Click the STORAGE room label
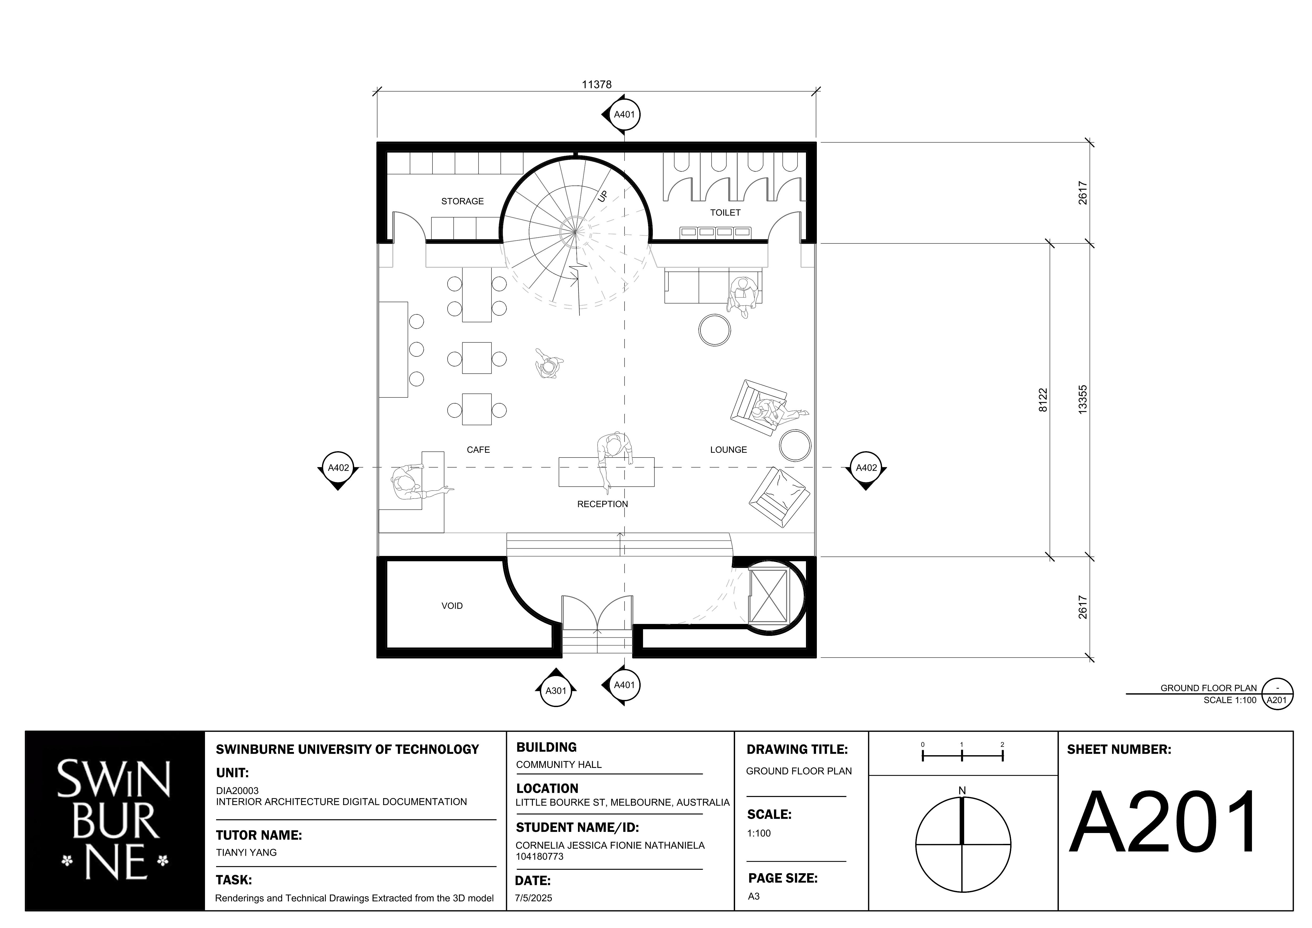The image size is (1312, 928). click(x=462, y=201)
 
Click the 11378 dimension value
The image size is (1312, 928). click(x=596, y=85)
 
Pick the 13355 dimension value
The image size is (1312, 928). click(x=1082, y=400)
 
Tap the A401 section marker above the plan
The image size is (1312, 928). click(x=624, y=114)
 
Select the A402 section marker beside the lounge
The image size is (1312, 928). click(x=866, y=468)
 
